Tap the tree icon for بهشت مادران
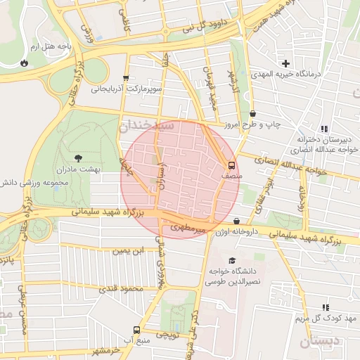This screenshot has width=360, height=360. pos(77,158)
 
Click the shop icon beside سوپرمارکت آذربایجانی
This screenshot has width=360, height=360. pos(126,78)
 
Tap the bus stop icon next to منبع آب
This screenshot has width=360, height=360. pos(136,329)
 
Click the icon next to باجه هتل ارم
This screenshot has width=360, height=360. pos(25,61)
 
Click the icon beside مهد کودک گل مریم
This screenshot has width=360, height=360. pos(325,307)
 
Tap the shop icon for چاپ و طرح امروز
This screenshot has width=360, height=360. pos(252,113)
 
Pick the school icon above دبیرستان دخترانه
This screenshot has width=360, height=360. pos(323,129)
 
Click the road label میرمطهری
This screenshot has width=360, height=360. pos(188,228)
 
